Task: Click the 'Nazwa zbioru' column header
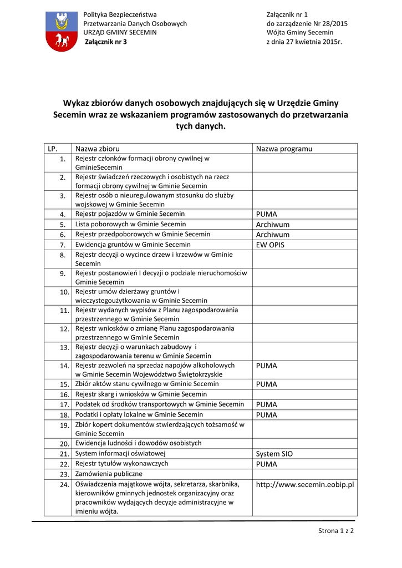(98, 149)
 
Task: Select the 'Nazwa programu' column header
(284, 149)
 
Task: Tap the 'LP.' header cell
(53, 149)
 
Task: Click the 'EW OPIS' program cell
(270, 245)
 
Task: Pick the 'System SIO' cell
(274, 454)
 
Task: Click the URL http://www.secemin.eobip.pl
(305, 485)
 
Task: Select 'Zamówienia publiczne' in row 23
(109, 474)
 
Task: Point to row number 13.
(64, 347)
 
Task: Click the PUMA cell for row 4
(267, 214)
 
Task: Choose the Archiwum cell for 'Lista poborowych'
(273, 225)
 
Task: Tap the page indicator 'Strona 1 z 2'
(336, 531)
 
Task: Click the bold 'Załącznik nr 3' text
(105, 42)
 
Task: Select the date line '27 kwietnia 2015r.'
(304, 42)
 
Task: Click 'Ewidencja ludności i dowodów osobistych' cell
(139, 443)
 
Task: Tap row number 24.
(64, 485)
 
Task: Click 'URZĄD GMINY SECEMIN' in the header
(120, 32)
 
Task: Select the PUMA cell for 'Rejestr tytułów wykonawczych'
(267, 464)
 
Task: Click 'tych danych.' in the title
(201, 126)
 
